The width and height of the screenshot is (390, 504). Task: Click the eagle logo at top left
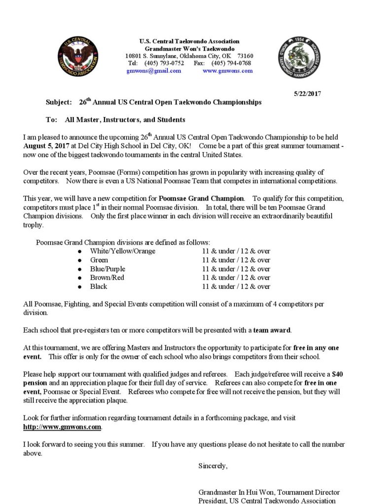78,56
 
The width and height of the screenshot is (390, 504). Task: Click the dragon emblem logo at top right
300,57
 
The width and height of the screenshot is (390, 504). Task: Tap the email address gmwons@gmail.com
153,71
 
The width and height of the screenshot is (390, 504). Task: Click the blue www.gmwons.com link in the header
227,71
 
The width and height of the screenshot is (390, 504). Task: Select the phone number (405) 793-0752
164,63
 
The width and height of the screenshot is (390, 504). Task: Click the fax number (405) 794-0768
231,63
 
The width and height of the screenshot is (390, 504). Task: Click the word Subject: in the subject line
59,102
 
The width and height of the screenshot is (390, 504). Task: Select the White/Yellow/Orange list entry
122,251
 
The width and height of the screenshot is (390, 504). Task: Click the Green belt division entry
99,260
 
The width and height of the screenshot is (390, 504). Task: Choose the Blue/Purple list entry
107,269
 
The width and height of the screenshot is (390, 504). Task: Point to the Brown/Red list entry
107,278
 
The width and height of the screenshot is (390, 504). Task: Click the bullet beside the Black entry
79,286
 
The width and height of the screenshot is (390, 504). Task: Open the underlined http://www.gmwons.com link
62,427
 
